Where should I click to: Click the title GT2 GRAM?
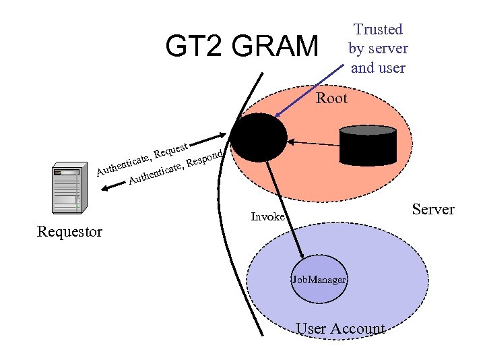(x=242, y=47)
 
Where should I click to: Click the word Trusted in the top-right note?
(x=378, y=29)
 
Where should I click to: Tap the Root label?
(x=331, y=98)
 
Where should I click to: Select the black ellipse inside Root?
(x=259, y=138)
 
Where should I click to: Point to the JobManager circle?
(x=319, y=279)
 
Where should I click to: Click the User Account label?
(x=341, y=329)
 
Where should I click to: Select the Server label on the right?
(x=433, y=209)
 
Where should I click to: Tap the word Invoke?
(x=268, y=217)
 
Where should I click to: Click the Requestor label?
(x=70, y=232)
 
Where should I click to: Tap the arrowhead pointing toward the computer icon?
(x=102, y=191)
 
